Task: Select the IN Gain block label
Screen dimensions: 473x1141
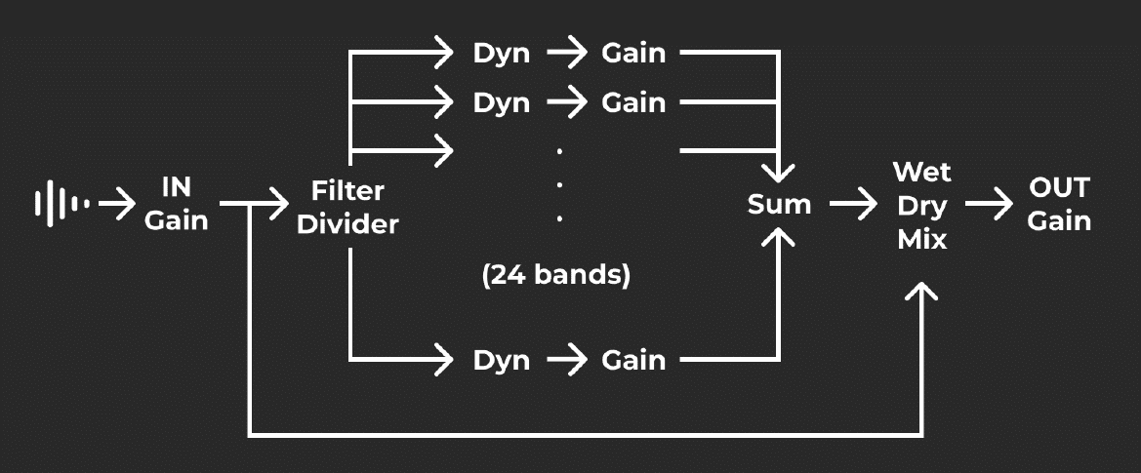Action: click(177, 204)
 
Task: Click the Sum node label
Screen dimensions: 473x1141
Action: click(779, 205)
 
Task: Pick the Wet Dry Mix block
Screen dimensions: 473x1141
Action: click(921, 206)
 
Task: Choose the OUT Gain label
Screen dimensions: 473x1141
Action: click(1059, 205)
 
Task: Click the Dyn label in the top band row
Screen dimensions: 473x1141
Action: click(501, 53)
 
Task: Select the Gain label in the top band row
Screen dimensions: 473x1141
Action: click(633, 53)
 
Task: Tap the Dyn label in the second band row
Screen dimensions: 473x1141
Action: click(501, 101)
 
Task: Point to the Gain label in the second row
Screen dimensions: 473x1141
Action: click(633, 101)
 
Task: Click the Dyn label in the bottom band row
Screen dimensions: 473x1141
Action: click(501, 360)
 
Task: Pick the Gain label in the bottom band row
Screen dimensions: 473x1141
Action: click(633, 360)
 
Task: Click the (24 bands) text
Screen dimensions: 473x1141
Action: click(556, 276)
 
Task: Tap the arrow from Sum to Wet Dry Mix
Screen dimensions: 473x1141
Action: click(852, 205)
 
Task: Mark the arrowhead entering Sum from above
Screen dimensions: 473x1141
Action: click(779, 173)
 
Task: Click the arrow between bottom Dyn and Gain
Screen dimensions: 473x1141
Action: click(567, 360)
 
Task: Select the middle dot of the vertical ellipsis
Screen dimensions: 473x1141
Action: click(559, 185)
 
